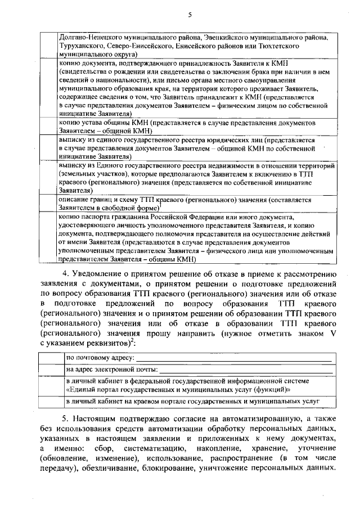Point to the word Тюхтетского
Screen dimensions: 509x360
tap(309, 46)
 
